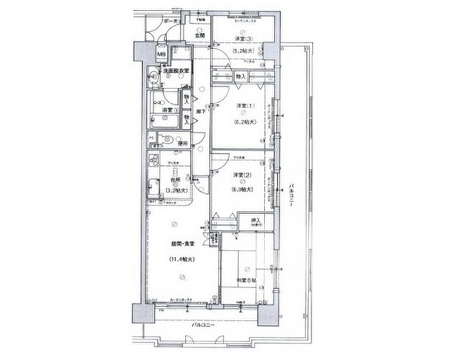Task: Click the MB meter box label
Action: click(161, 55)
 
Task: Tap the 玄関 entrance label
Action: click(199, 35)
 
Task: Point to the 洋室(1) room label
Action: click(242, 106)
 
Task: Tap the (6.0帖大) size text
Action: click(242, 190)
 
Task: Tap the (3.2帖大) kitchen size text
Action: click(176, 190)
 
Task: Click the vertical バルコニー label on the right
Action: click(291, 197)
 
